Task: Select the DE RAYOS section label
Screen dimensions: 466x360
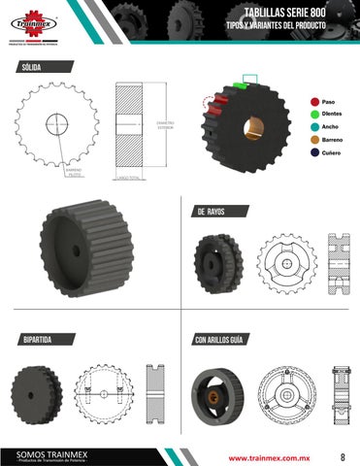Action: pos(212,212)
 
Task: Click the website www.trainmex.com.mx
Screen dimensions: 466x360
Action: pos(268,455)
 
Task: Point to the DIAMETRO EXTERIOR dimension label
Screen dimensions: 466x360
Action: pos(164,125)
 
